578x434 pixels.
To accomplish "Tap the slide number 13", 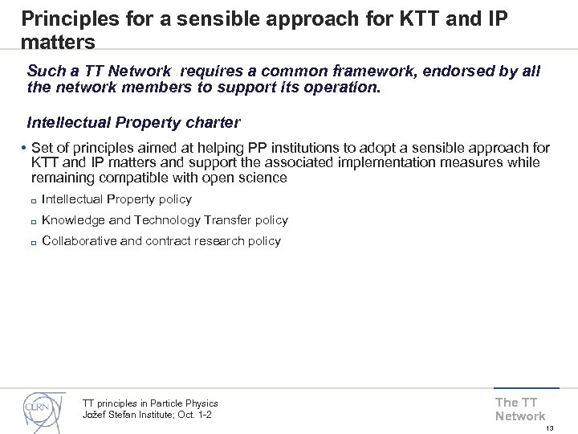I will pyautogui.click(x=551, y=428).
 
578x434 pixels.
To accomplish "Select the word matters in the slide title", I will pyautogui.click(x=59, y=41).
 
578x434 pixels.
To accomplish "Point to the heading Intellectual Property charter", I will pyautogui.click(x=132, y=123).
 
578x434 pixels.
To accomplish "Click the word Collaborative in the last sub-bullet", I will pyautogui.click(x=77, y=240).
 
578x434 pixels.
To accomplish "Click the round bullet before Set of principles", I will pyautogui.click(x=25, y=149).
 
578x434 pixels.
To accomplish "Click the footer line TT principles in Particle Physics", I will pyautogui.click(x=150, y=403).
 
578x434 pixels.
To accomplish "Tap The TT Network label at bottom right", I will pyautogui.click(x=519, y=409).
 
